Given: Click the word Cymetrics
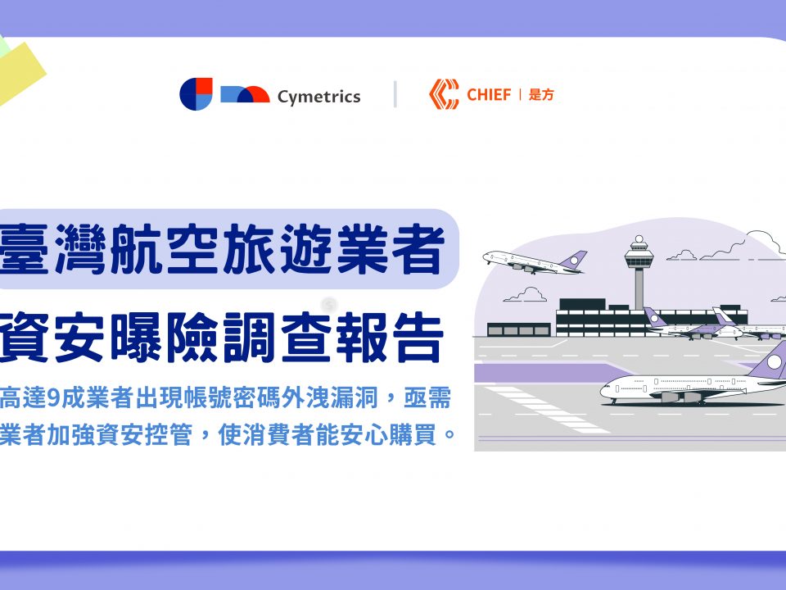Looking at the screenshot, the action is coord(318,97).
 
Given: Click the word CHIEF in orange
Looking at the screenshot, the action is coord(489,94).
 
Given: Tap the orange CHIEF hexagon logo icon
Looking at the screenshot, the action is coord(444,93).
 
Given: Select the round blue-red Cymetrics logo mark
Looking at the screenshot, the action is coord(196,93).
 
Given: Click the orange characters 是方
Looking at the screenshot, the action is coord(541,94).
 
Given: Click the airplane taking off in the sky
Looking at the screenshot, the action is coord(535,262).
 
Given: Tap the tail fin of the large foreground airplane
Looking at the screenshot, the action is coord(770,360).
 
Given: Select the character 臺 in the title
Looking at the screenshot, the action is coord(24,249).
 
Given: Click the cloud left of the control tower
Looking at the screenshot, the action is coord(526,294).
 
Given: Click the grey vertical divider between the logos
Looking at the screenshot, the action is coord(395,94).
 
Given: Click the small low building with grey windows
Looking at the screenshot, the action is coord(519,329).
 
